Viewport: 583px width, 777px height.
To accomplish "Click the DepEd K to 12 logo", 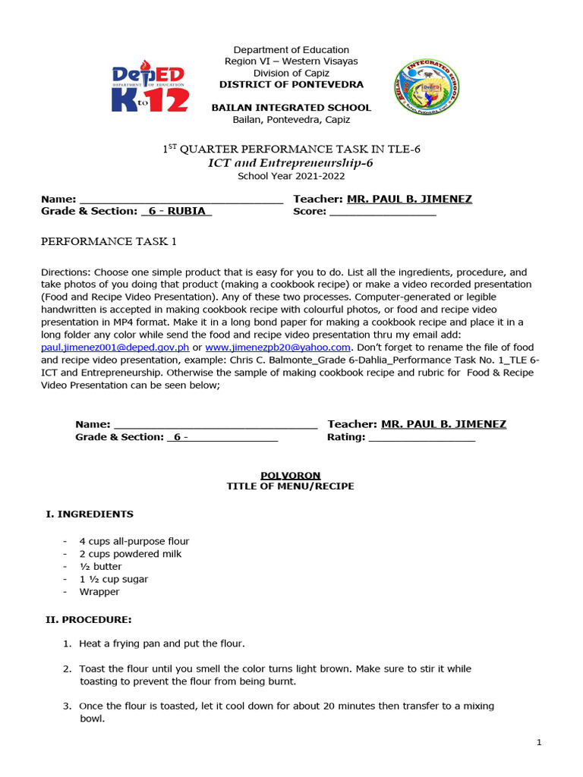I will [150, 89].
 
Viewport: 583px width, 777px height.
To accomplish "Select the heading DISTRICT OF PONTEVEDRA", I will [291, 84].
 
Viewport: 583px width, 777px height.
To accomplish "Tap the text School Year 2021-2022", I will [291, 176].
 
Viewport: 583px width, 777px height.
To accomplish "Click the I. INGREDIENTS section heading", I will [90, 514].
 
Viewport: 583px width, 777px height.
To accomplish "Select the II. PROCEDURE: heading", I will [89, 619].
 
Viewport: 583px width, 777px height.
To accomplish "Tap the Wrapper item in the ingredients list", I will [99, 592].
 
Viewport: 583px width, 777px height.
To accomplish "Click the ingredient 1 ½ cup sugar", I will [114, 579].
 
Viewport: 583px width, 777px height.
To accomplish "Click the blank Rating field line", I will [421, 438].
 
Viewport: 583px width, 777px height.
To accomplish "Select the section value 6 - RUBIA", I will [177, 211].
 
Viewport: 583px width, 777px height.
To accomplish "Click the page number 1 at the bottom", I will [539, 743].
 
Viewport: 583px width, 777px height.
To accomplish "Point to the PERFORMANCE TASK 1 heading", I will [108, 241].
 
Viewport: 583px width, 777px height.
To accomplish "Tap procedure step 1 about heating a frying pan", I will [162, 643].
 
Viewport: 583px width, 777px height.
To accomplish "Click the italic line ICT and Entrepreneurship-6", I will [291, 163].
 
